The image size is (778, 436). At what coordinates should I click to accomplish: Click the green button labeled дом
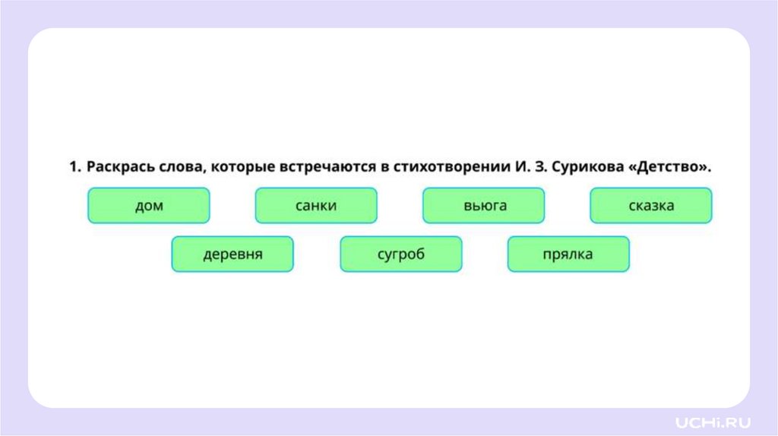pyautogui.click(x=148, y=205)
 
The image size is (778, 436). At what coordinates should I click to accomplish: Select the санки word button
pyautogui.click(x=316, y=205)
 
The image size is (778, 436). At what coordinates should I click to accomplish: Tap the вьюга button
pyautogui.click(x=484, y=205)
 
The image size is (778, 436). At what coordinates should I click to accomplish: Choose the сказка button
pyautogui.click(x=651, y=205)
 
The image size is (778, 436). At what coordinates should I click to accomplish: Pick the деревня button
pyautogui.click(x=232, y=254)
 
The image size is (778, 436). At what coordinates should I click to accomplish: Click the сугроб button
pyautogui.click(x=401, y=254)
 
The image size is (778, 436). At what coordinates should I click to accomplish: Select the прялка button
pyautogui.click(x=568, y=254)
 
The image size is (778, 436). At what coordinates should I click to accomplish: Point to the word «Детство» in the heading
pyautogui.click(x=672, y=166)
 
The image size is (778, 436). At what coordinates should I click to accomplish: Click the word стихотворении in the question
pyautogui.click(x=446, y=167)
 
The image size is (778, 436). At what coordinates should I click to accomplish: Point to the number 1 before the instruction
pyautogui.click(x=74, y=167)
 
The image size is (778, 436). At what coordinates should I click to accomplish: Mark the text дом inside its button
pyautogui.click(x=149, y=206)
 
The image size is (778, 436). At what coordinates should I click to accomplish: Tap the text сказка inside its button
pyautogui.click(x=651, y=206)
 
